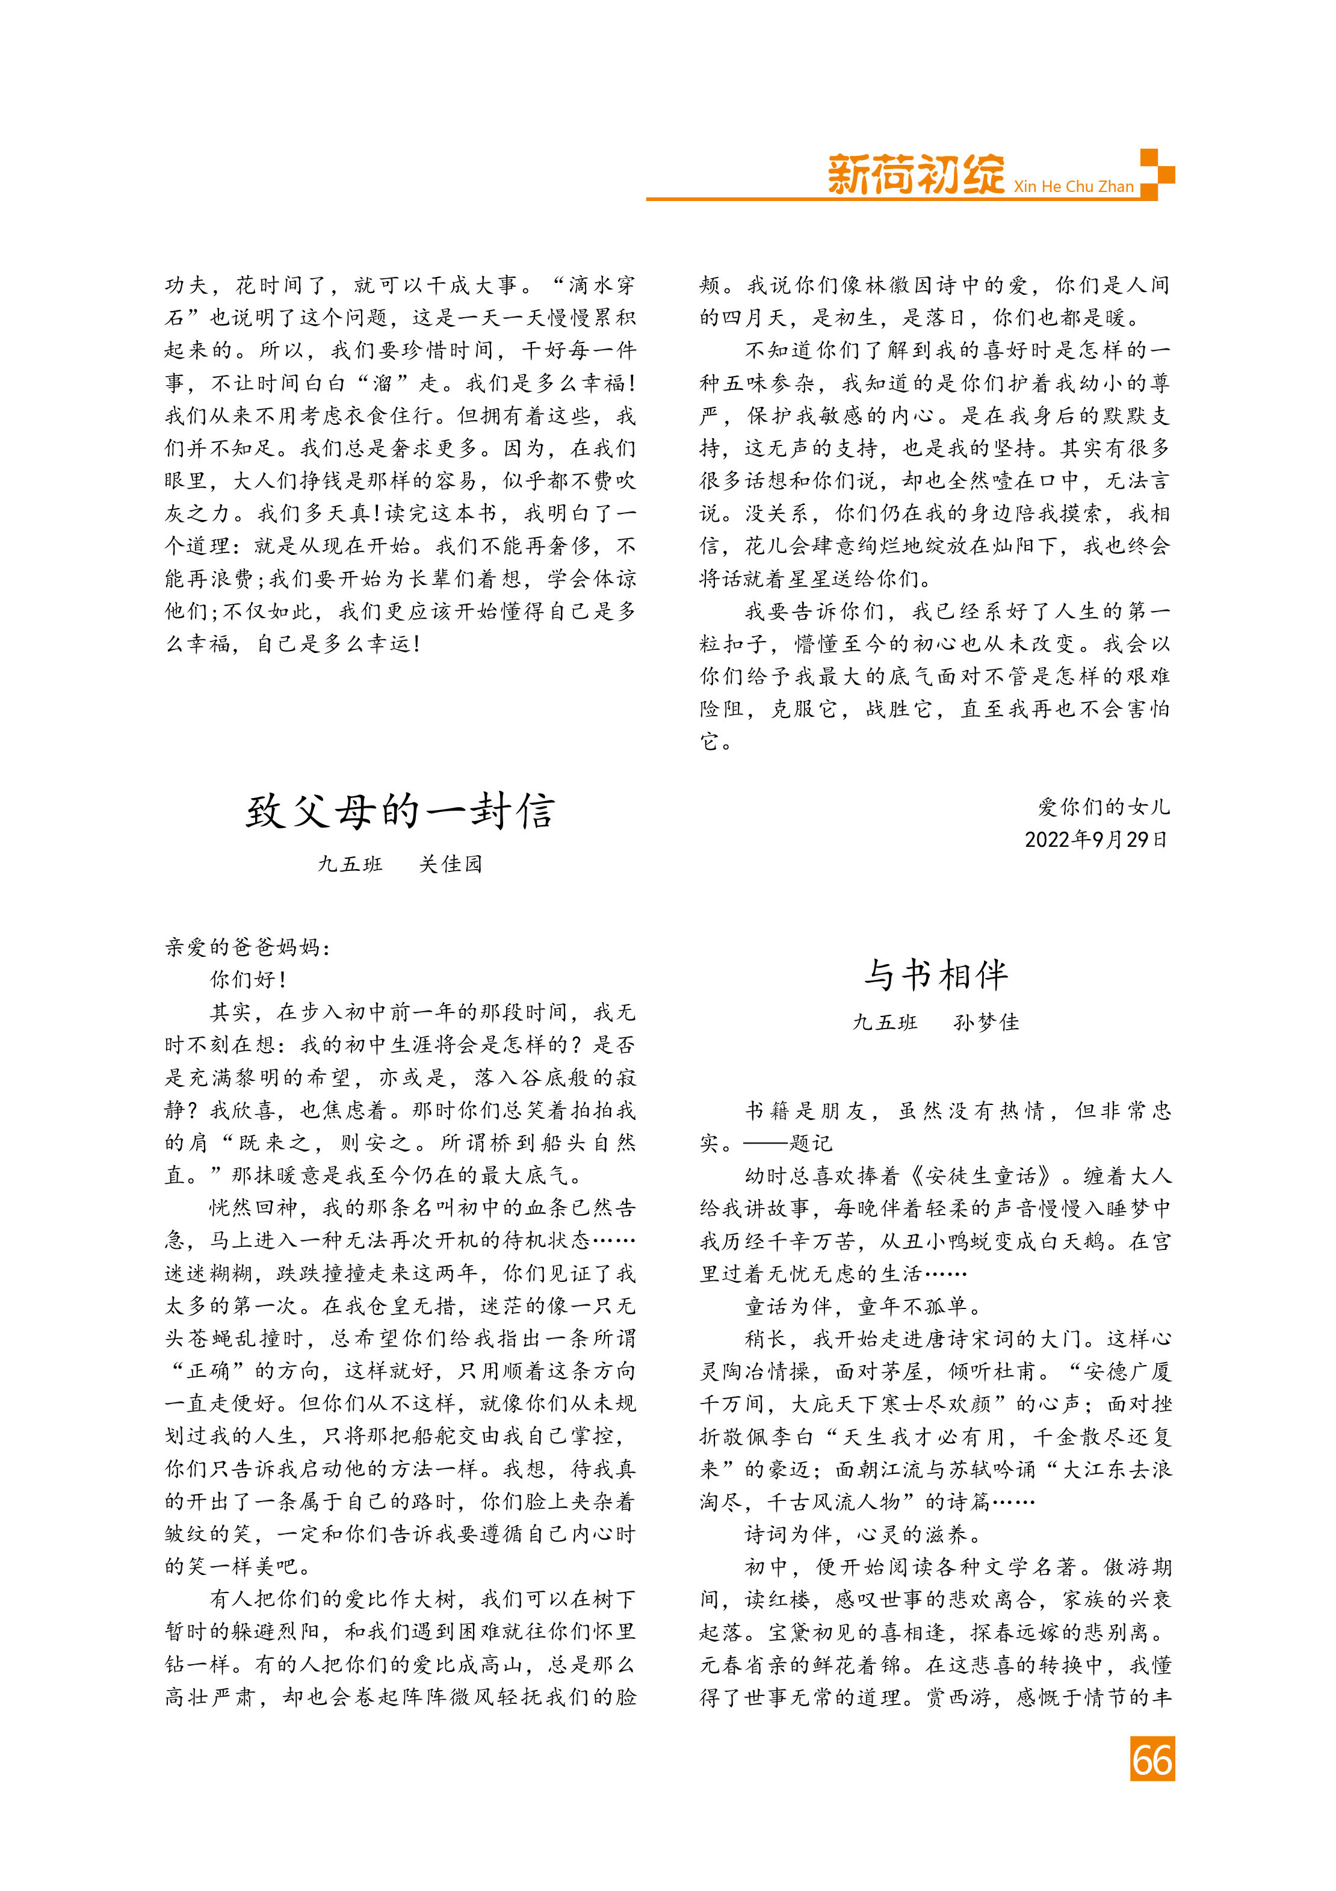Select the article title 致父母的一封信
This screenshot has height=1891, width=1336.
400,811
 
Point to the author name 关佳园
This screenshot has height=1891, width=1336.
451,864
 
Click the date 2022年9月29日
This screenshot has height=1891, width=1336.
1095,839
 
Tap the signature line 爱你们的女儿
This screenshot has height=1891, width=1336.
1103,807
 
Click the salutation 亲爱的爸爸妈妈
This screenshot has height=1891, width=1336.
247,947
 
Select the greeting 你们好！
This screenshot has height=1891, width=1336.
248,979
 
